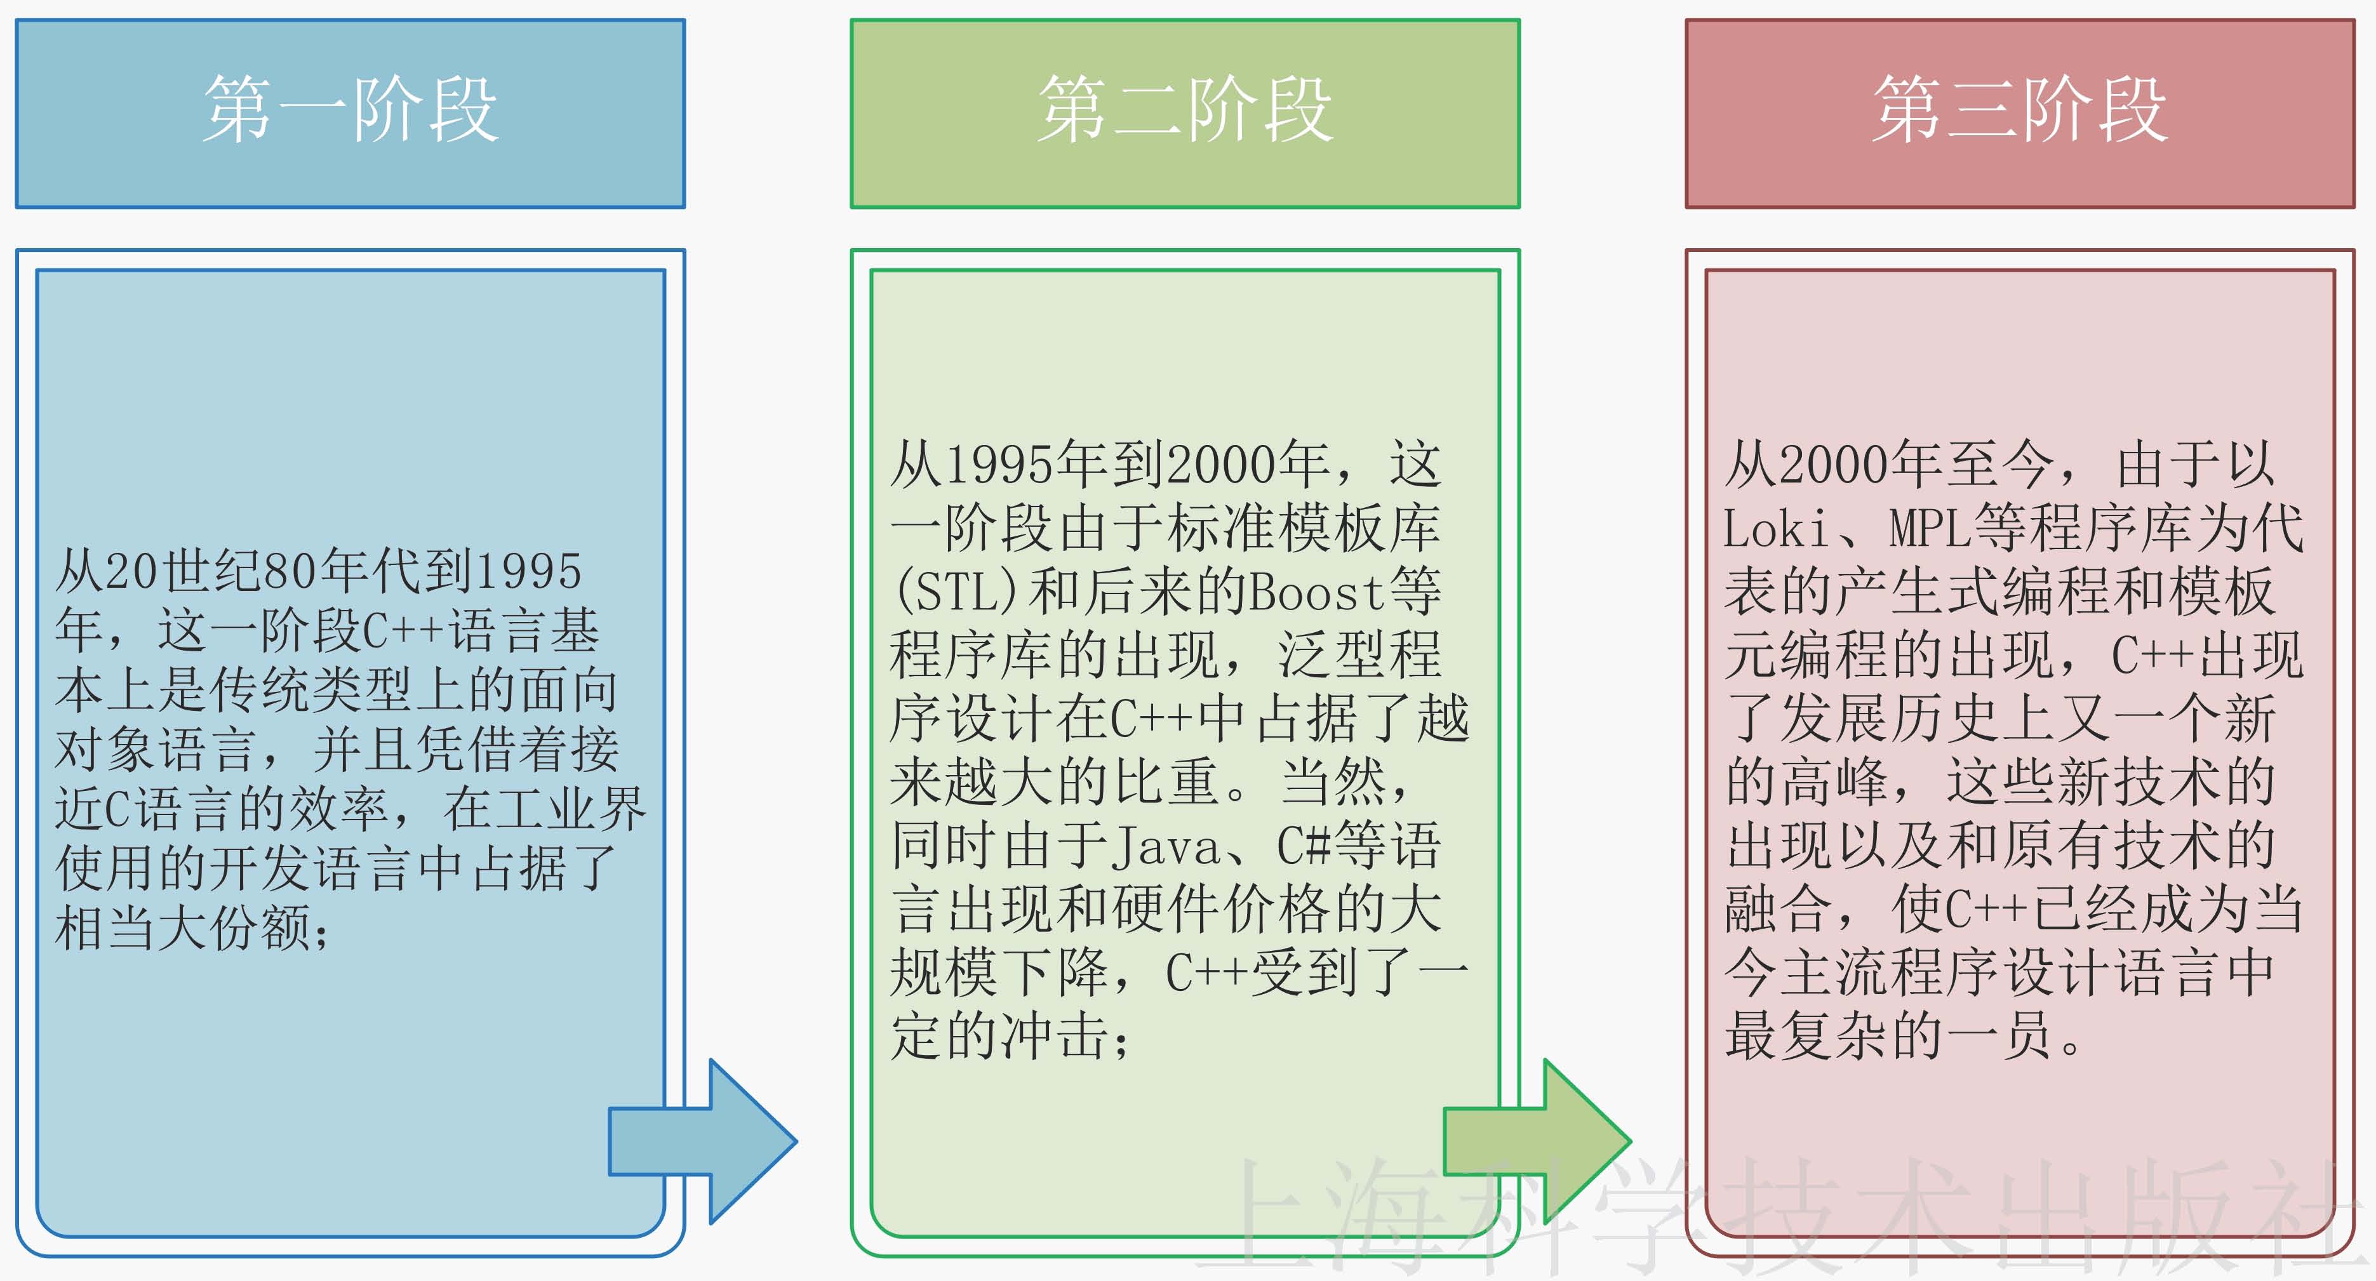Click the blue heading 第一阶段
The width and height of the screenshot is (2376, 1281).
click(x=350, y=110)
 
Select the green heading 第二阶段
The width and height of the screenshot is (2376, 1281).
click(x=1185, y=110)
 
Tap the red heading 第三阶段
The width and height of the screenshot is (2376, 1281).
click(x=2020, y=110)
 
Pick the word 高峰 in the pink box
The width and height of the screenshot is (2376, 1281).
click(x=1836, y=782)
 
